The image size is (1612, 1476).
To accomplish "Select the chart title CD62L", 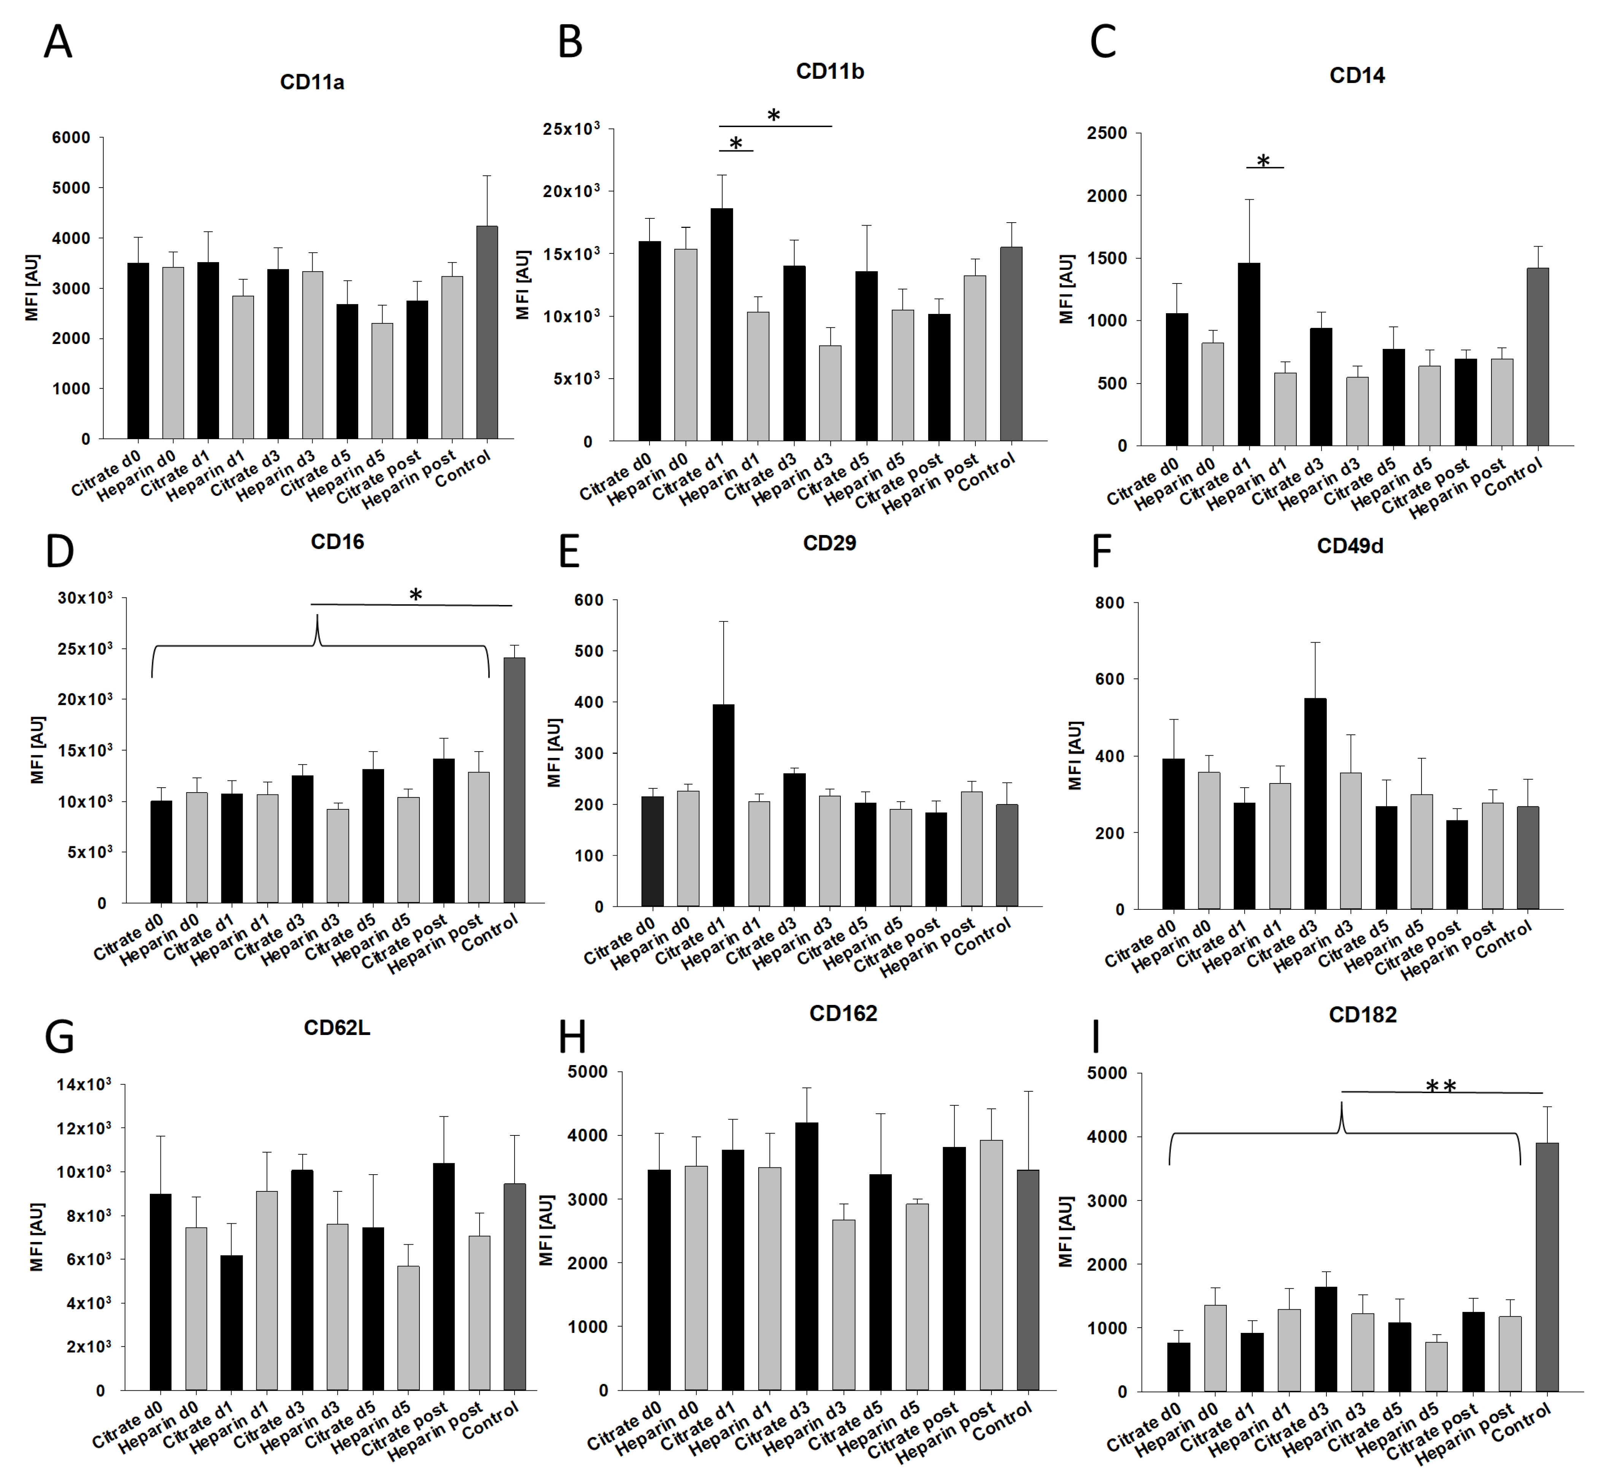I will (x=337, y=1028).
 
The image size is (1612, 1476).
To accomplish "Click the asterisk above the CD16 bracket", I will (x=415, y=594).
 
